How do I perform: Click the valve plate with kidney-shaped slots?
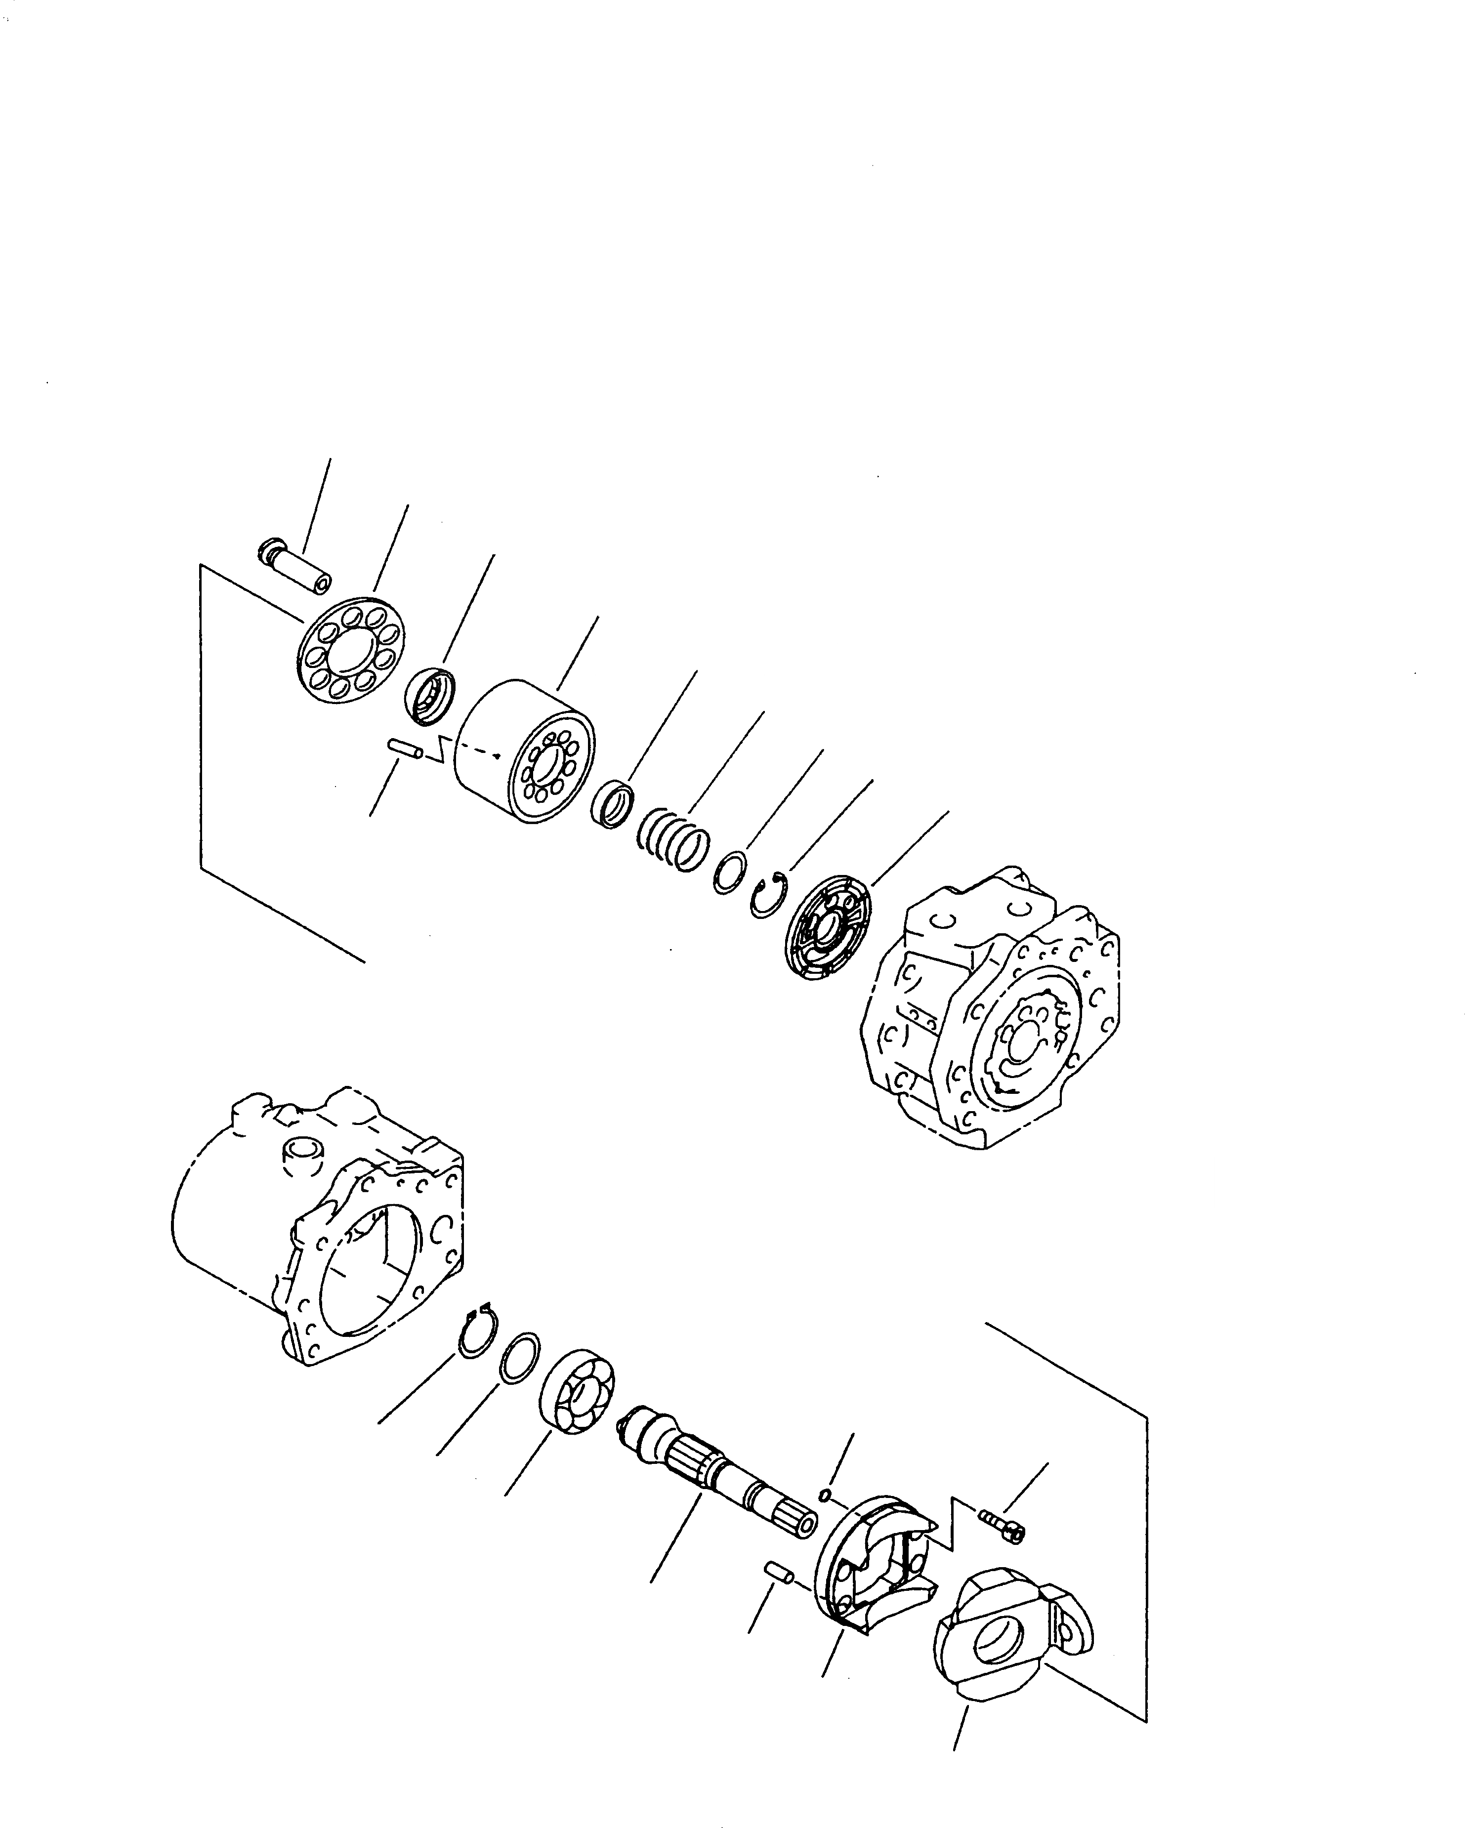[827, 931]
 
